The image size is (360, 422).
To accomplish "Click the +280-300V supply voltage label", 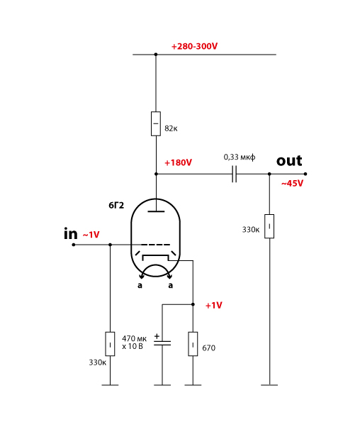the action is pos(194,46).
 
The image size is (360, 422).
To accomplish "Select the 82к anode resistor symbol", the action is pos(156,123).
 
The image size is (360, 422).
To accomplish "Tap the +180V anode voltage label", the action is pos(179,163).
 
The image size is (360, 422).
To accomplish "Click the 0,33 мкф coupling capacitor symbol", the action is pos(235,174).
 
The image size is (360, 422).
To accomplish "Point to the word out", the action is pos(289,161).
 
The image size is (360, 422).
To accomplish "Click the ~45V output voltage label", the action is pos(292,184).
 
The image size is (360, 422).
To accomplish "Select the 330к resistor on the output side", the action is pos(269,226).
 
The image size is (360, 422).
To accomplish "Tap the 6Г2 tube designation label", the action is pos(116,206).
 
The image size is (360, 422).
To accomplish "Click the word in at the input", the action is pos(71,233).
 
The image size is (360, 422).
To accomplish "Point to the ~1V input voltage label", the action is pos(91,235).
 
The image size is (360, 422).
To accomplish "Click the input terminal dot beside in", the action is pos(74,245).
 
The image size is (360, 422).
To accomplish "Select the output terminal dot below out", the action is pos(305,174).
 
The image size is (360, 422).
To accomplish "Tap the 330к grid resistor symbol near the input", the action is pos(110,344).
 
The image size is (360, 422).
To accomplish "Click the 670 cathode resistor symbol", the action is pos(193,344).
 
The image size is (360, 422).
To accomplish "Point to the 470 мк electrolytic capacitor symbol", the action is pos(162,343).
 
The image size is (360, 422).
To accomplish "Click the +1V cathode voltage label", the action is pos(214,306).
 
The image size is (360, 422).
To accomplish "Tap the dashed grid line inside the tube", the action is pos(155,245).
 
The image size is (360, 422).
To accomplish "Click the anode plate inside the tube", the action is pos(156,211).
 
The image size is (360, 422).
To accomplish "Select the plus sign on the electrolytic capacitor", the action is pos(157,336).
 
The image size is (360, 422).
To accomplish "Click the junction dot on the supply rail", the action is pos(156,55).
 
